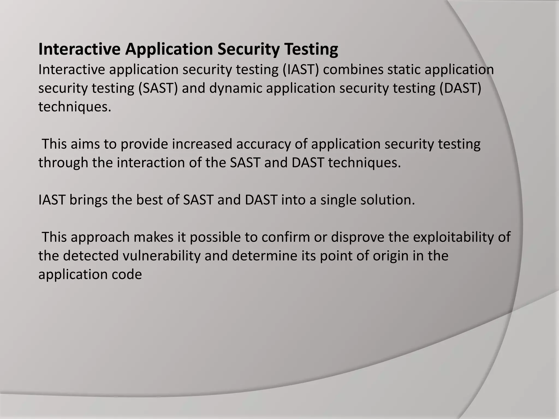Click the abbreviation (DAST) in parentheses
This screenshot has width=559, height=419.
(460, 88)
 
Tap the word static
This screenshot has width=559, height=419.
(404, 70)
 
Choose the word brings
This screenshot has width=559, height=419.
(88, 200)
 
